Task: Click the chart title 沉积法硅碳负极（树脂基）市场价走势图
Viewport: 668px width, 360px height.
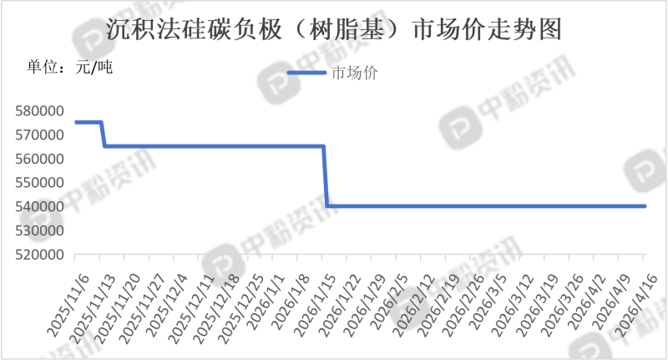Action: pos(333,30)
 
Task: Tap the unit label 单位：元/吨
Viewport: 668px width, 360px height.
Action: pos(70,68)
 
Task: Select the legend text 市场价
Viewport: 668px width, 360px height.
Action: pos(354,73)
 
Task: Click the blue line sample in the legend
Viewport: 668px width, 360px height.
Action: pos(306,73)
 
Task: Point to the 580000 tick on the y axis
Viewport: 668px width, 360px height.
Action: pos(39,111)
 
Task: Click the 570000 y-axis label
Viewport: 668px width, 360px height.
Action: pos(39,135)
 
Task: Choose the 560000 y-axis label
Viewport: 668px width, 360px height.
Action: pos(39,159)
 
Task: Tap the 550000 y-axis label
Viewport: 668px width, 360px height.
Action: pos(39,183)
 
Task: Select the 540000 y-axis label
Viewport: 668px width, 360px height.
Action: pos(39,206)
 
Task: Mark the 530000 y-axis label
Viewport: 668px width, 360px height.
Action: pos(39,231)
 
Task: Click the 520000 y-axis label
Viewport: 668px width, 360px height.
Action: pos(39,255)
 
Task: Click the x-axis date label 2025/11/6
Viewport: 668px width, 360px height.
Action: pos(68,305)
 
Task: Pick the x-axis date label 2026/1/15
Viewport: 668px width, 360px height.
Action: pos(316,305)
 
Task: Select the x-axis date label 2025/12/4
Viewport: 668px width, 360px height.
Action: pos(167,305)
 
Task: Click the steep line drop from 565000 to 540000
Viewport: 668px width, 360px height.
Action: pos(325,176)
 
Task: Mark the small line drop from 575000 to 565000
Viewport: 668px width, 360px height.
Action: pos(103,134)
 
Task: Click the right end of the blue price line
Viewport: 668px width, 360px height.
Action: pos(645,206)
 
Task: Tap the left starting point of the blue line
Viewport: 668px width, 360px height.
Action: pos(75,122)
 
